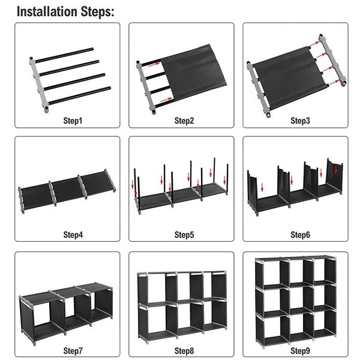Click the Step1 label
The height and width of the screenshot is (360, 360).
click(73, 121)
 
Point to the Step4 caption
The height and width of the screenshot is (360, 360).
click(73, 235)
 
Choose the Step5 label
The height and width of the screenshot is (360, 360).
click(184, 235)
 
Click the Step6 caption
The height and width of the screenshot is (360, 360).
click(300, 235)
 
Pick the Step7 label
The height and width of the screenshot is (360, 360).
click(73, 350)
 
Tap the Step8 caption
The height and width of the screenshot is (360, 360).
click(184, 350)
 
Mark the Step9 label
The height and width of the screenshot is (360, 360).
click(300, 350)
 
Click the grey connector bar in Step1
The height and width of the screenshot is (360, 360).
click(37, 84)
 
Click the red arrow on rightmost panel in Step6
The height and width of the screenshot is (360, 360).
click(336, 170)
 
